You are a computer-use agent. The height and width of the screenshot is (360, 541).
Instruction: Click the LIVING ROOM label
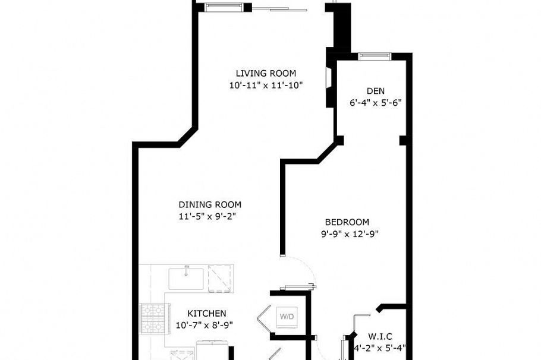266,74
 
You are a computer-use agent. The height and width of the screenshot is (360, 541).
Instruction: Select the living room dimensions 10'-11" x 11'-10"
266,85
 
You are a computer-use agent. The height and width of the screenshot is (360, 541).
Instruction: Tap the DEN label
375,91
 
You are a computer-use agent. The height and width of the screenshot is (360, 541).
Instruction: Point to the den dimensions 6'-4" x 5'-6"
375,102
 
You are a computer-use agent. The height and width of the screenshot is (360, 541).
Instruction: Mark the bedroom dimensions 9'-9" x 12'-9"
350,233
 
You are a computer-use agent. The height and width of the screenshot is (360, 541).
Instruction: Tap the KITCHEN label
206,313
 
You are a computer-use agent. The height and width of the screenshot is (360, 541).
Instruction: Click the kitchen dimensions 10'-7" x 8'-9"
204,325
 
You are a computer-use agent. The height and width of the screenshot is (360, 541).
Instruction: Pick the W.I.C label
379,336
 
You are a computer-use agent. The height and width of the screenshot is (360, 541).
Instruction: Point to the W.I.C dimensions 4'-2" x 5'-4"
379,348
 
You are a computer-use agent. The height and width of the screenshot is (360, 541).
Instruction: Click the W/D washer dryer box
286,316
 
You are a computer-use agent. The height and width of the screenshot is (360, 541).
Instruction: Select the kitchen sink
186,277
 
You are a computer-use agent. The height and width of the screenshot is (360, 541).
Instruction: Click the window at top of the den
375,56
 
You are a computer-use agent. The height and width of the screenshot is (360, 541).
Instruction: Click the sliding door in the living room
279,8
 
